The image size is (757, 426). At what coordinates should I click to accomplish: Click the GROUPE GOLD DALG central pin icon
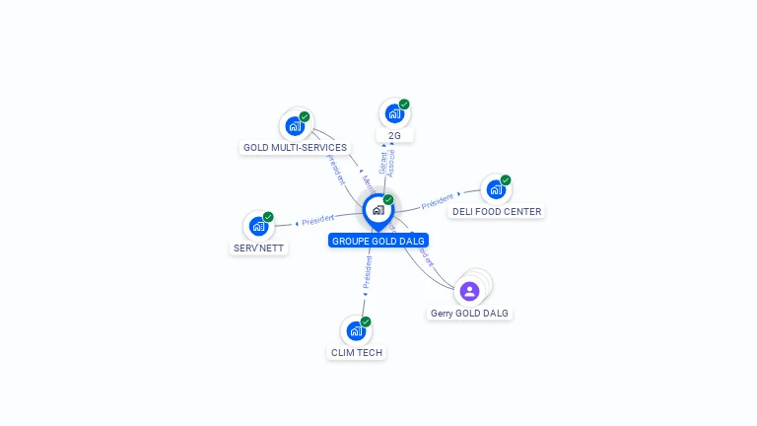click(378, 210)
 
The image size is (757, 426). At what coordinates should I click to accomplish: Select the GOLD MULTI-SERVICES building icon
click(294, 125)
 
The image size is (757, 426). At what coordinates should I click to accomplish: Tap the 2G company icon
click(393, 113)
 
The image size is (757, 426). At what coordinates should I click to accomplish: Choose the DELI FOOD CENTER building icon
click(495, 188)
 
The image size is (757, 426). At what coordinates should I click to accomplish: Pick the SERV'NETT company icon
click(258, 226)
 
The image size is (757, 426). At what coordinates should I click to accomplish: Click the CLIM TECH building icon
click(355, 330)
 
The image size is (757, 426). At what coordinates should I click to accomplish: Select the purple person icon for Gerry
click(469, 291)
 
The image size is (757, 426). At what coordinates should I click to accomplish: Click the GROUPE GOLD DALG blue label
click(378, 241)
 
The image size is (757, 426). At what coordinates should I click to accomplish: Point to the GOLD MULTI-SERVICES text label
click(295, 148)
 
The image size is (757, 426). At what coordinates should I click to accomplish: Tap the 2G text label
click(394, 135)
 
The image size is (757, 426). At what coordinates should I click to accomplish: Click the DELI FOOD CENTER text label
click(497, 211)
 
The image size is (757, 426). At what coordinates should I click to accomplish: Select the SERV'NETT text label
click(259, 248)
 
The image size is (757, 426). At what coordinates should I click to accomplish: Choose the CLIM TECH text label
click(356, 352)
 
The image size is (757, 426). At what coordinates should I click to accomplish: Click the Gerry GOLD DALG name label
click(470, 313)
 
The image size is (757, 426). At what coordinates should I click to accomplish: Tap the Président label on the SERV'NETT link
click(318, 219)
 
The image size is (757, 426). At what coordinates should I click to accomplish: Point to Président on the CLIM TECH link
click(367, 271)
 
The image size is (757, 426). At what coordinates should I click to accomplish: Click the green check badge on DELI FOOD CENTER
click(506, 180)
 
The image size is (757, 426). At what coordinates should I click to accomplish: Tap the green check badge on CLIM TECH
click(366, 321)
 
